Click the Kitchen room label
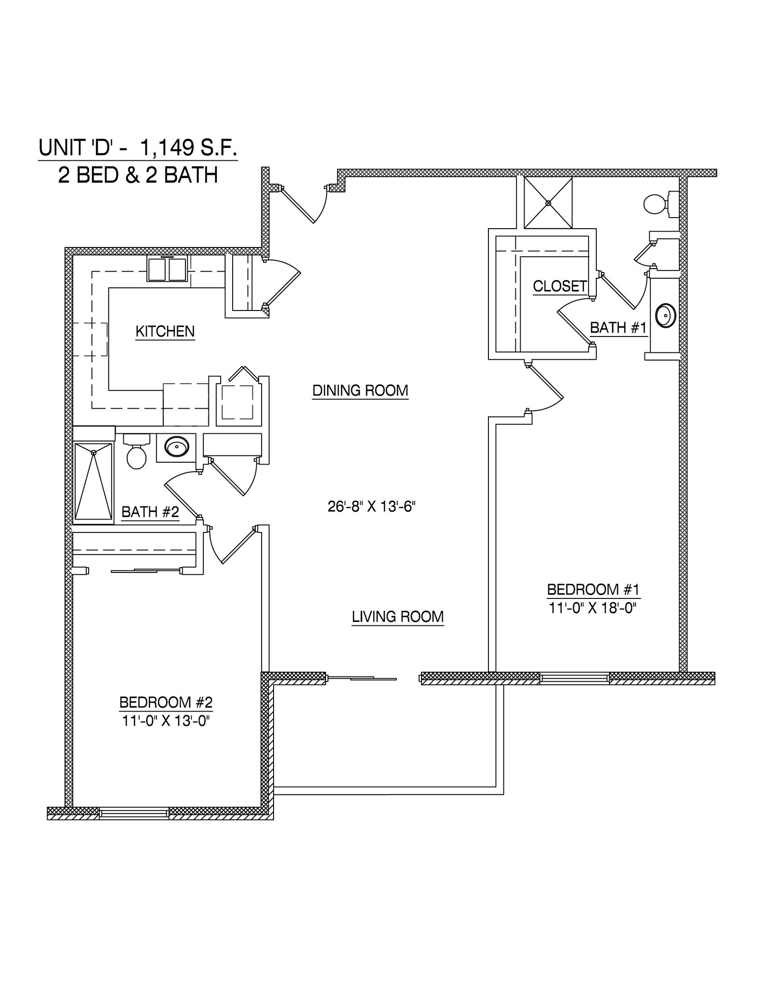point(165,331)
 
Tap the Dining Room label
point(360,390)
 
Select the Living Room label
point(397,617)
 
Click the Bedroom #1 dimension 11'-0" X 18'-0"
point(592,608)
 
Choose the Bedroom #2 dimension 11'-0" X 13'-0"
point(165,721)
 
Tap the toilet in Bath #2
point(136,453)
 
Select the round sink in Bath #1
point(667,316)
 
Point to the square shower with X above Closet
point(548,203)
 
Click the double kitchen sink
point(167,270)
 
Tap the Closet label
point(559,286)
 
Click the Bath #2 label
point(150,512)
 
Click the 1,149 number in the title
point(163,148)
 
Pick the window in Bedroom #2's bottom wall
point(134,813)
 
